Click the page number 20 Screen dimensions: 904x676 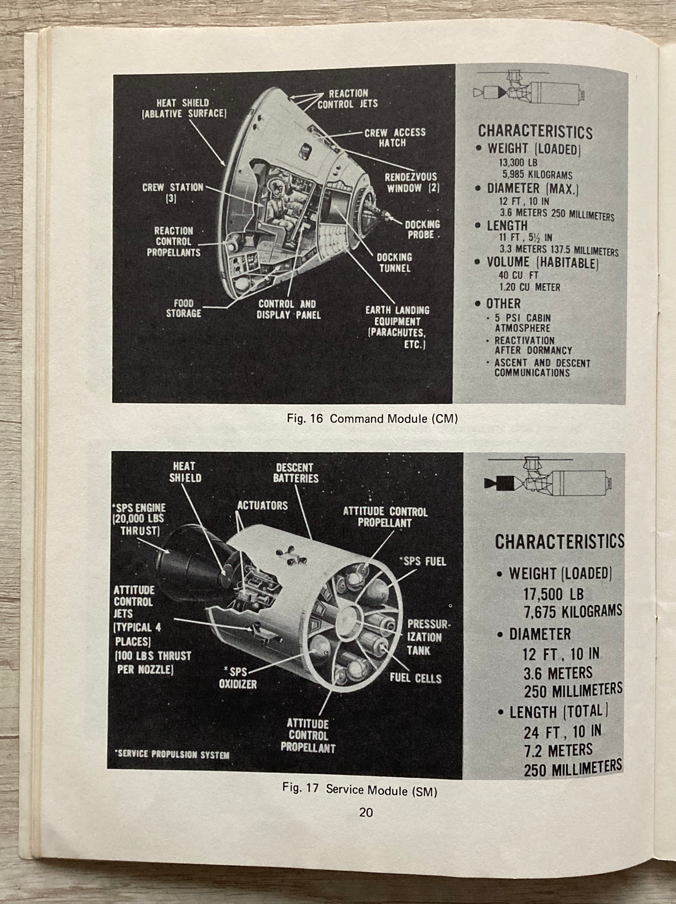tap(366, 812)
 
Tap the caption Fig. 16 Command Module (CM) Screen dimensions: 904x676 tap(373, 419)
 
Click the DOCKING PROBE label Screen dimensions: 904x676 tap(422, 229)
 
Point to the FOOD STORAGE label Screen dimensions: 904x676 tap(184, 308)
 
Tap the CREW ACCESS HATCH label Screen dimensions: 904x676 tap(395, 137)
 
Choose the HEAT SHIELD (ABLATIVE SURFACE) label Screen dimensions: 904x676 tap(183, 108)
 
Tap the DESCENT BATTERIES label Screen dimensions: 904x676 tap(295, 473)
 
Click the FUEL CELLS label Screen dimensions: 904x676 tap(415, 678)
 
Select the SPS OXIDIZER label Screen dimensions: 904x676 tap(238, 678)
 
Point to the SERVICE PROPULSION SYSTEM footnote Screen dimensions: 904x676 tap(172, 754)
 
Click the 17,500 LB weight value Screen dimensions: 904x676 tap(553, 594)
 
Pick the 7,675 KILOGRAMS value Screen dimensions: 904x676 tap(572, 611)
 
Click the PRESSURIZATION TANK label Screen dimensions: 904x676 tap(428, 637)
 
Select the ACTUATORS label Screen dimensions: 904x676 tap(262, 506)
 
